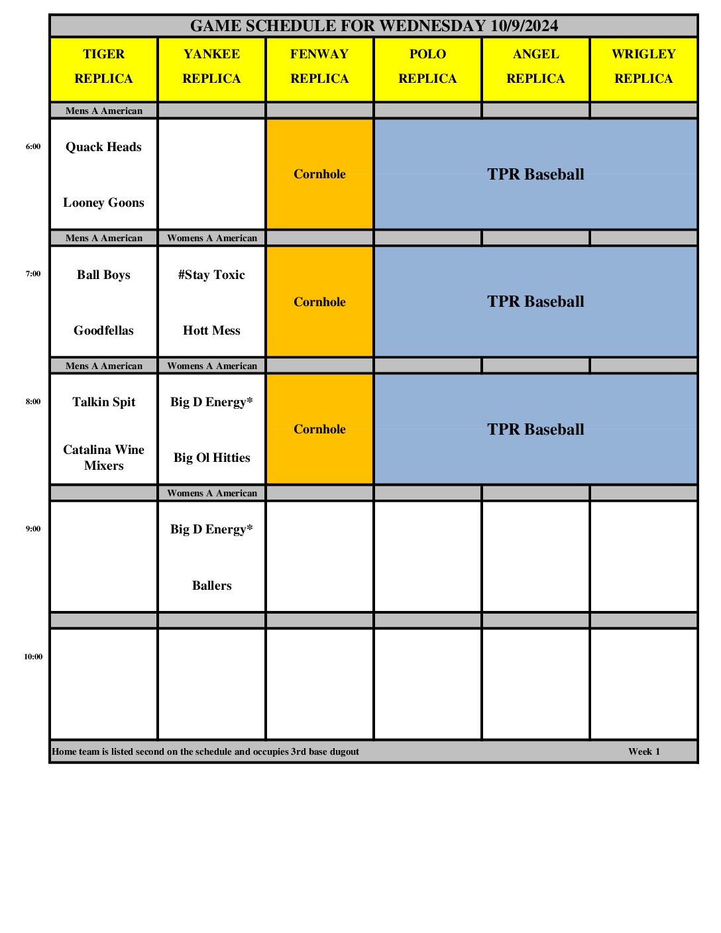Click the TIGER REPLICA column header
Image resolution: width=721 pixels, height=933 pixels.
tap(103, 66)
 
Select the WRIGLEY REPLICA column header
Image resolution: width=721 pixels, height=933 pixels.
tap(643, 66)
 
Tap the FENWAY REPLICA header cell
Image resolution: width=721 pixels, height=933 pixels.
tap(319, 66)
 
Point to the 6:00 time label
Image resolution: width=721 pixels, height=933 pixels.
tap(33, 146)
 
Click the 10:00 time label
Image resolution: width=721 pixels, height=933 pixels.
tap(33, 657)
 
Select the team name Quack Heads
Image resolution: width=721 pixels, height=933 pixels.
tap(103, 147)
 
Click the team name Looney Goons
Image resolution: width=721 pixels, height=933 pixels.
tap(103, 203)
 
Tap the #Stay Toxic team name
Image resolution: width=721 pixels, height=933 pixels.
tap(211, 275)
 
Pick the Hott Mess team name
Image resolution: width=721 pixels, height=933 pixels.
tap(211, 331)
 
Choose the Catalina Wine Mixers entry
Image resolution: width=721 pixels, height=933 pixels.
tap(103, 457)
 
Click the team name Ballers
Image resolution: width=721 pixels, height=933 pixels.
tap(211, 586)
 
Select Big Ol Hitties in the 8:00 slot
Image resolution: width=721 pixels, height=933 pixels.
tap(211, 458)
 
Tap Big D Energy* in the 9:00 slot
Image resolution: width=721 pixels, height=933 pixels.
tap(211, 529)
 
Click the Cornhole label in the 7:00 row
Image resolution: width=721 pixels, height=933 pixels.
tap(319, 302)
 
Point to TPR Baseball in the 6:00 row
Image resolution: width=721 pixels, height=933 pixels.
tap(535, 174)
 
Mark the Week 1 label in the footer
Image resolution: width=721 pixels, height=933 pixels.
tap(643, 751)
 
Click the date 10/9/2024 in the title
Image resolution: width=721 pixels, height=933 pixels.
tap(524, 26)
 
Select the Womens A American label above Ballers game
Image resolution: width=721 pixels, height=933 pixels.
tap(211, 493)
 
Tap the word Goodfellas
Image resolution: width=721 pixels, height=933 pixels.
tap(103, 331)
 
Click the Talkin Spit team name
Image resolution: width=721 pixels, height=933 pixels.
tap(103, 402)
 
